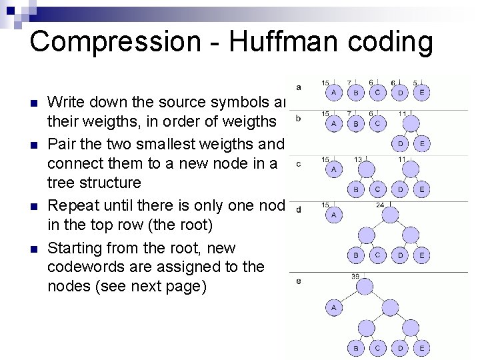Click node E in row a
pos(421,91)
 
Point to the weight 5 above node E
pos(415,83)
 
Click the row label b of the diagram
pos(298,119)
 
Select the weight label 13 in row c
pos(358,159)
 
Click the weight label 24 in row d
pos(379,205)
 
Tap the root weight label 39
pos(355,276)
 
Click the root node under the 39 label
pos(365,287)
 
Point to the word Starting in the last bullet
pos(75,248)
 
